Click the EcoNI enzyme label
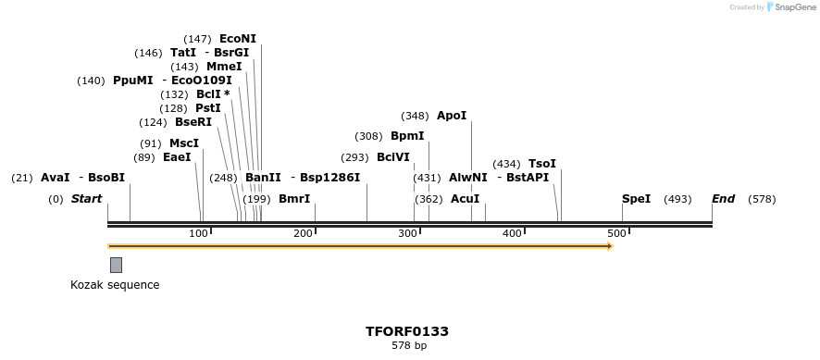[237, 39]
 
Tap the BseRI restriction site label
[193, 122]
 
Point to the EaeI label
[176, 157]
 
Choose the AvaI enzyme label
[55, 178]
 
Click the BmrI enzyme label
[293, 199]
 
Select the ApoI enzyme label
[452, 116]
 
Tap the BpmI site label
[406, 136]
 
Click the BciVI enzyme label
[392, 157]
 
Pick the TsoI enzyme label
[542, 164]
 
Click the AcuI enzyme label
[465, 199]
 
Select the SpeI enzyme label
[636, 199]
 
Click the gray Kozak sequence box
[116, 265]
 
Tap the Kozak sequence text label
[115, 285]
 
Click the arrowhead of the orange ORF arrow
[609, 246]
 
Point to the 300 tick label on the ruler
[407, 233]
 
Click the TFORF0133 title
[407, 331]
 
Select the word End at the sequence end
[723, 199]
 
